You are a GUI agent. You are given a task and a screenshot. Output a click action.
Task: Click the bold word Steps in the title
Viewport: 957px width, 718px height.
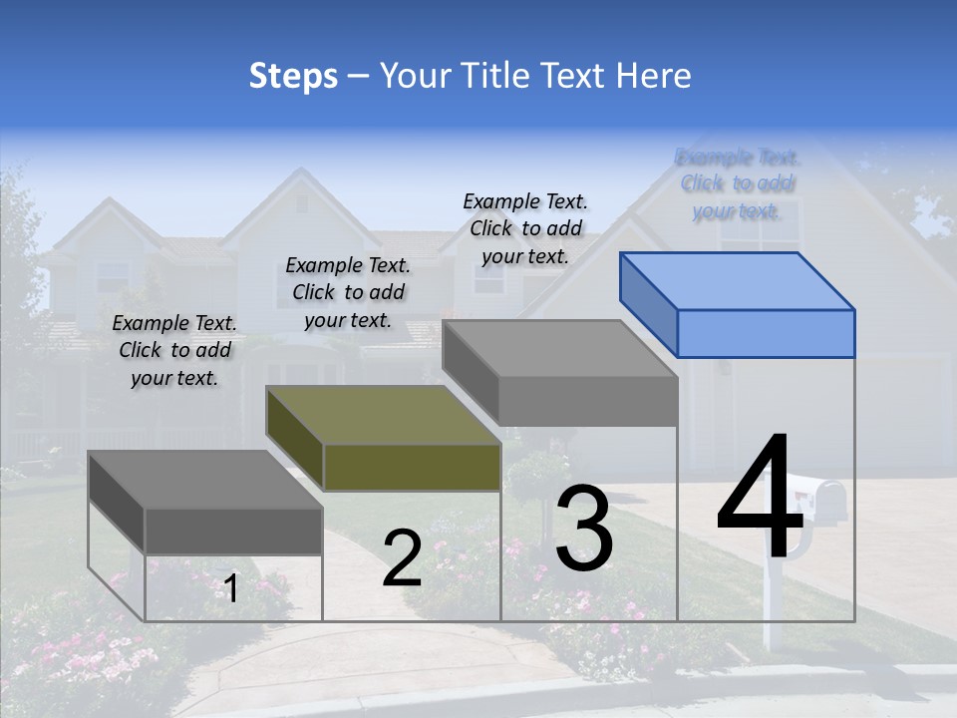(x=293, y=76)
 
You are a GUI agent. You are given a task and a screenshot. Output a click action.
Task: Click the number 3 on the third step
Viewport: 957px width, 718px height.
(x=584, y=529)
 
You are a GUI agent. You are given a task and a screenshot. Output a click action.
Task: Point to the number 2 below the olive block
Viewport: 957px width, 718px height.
(x=402, y=558)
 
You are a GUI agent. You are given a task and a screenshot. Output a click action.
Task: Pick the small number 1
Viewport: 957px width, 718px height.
(x=230, y=588)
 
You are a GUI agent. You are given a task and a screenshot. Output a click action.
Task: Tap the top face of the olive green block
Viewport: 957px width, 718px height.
(x=384, y=415)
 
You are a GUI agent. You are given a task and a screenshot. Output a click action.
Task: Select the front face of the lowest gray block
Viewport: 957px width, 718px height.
(x=234, y=531)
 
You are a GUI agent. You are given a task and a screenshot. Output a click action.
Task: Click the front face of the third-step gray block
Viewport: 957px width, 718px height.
(x=588, y=402)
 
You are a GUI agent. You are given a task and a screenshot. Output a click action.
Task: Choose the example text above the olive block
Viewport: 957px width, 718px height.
(x=348, y=292)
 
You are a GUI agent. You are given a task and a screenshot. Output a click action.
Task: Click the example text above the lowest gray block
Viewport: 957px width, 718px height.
(x=174, y=350)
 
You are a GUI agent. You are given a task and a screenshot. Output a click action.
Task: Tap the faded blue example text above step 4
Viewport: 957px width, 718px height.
(x=738, y=183)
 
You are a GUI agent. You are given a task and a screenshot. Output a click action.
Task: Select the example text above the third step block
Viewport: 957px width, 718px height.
(x=525, y=228)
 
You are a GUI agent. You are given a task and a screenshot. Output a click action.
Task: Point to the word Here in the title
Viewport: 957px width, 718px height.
(x=653, y=76)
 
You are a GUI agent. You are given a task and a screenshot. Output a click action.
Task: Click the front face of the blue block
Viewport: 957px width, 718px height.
(x=766, y=333)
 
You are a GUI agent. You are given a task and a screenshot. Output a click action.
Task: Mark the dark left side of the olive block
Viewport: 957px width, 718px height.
(x=295, y=439)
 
